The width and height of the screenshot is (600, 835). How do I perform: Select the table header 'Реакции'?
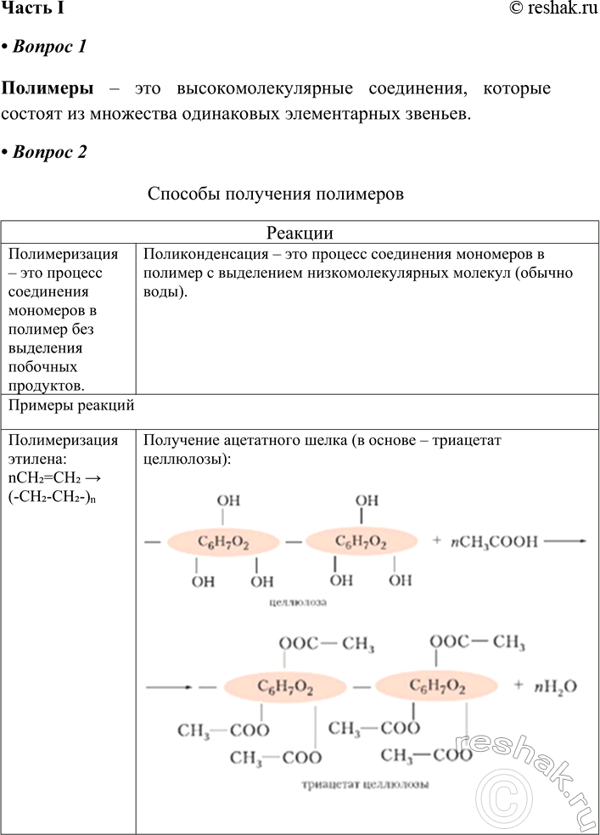[x=300, y=234]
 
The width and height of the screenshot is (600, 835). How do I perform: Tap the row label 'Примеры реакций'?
[x=70, y=405]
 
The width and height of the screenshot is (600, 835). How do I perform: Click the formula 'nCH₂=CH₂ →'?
[x=64, y=479]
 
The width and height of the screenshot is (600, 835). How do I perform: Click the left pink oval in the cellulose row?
[x=223, y=542]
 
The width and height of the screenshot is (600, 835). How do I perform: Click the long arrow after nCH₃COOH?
[x=564, y=540]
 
